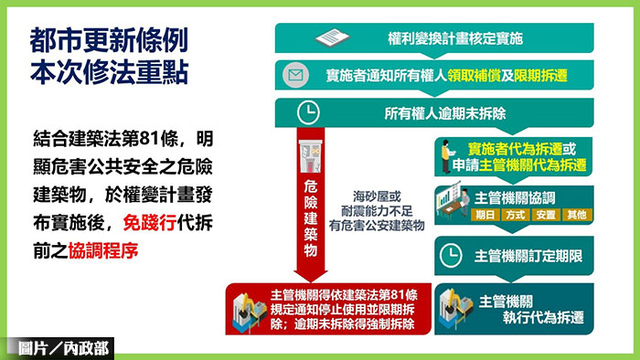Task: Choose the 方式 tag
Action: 515,216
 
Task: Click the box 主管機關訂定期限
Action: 515,255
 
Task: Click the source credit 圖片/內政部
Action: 59,348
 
